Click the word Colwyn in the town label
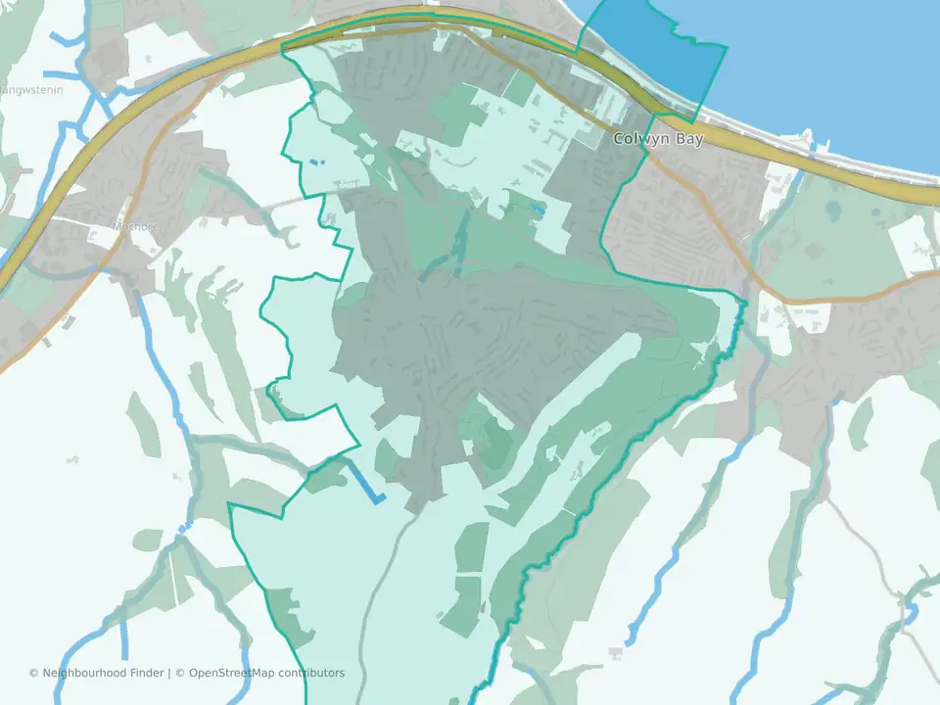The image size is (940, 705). [634, 139]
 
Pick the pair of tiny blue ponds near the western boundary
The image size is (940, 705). [313, 162]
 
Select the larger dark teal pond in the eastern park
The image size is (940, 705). [833, 210]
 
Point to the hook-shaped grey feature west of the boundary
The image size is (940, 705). [292, 235]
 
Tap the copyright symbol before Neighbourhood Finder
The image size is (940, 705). [34, 673]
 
